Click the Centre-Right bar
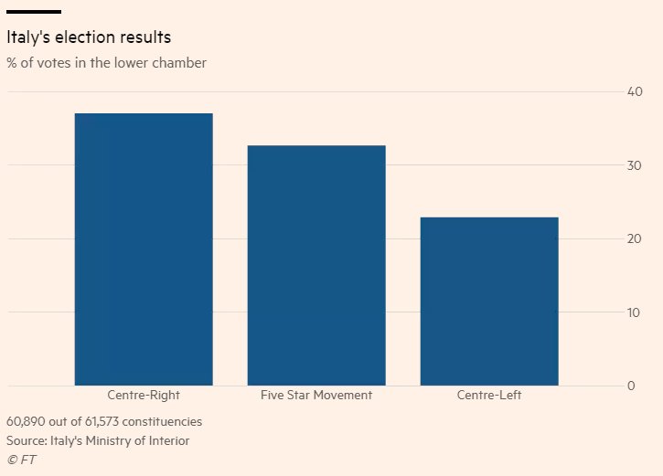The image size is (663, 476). (144, 249)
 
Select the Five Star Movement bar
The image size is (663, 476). (316, 265)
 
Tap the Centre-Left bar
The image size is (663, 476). (489, 301)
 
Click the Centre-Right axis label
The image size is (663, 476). (144, 396)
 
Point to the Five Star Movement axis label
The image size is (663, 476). (316, 396)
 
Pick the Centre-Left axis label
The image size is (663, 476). (489, 396)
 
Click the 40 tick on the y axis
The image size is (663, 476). (635, 92)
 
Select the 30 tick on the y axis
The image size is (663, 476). (635, 165)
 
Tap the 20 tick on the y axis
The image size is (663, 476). (635, 239)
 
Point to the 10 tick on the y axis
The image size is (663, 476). (635, 312)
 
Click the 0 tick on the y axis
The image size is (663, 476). (631, 386)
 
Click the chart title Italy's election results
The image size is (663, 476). (89, 38)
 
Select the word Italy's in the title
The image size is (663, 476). (31, 38)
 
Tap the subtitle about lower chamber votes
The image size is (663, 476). (106, 63)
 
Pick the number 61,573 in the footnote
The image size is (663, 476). (112, 422)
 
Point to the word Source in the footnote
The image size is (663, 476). (27, 440)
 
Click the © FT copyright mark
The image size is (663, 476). (21, 460)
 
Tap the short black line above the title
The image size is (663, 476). (34, 12)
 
